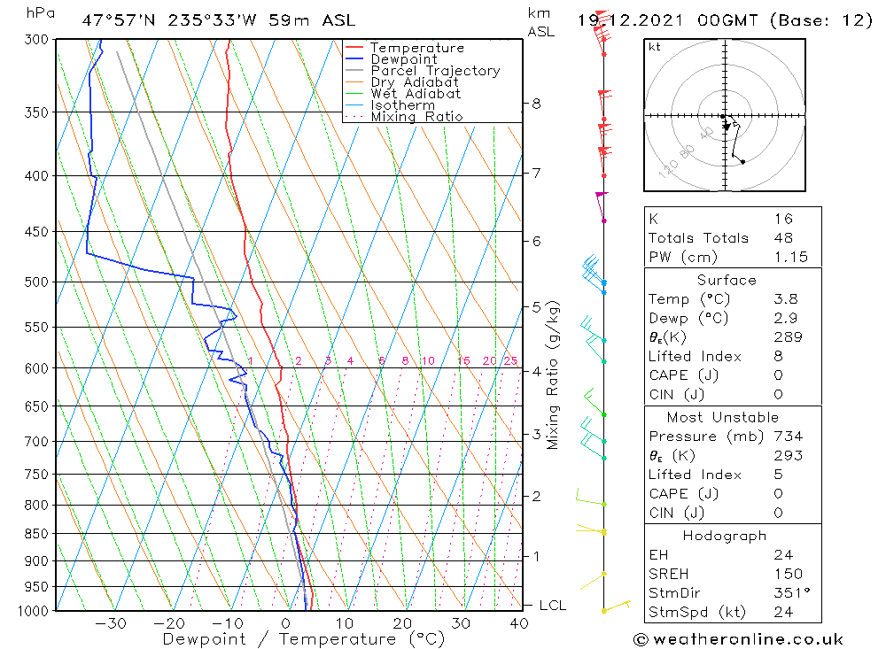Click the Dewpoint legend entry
tap(403, 59)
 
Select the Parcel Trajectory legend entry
tap(435, 71)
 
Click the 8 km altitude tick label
tap(536, 104)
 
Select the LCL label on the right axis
tap(552, 606)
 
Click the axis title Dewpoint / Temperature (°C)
tap(303, 639)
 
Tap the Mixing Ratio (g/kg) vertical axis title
tap(553, 375)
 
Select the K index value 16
tap(782, 219)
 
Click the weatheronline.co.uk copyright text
tap(738, 639)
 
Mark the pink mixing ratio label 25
tap(510, 360)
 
